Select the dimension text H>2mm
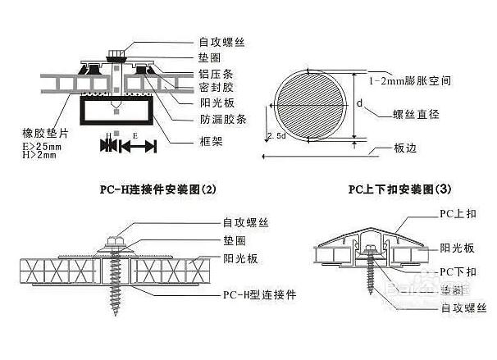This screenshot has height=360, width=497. pos(41,153)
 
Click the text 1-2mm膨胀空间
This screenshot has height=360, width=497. pos(410,81)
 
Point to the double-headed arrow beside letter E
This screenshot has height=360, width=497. pos(138,146)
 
